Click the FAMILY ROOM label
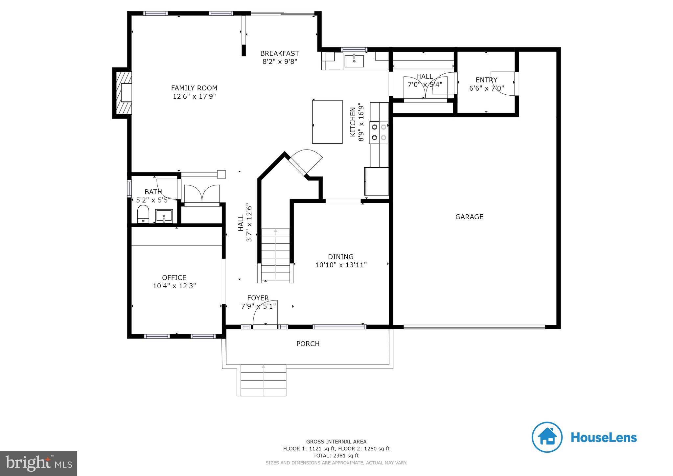click(x=194, y=88)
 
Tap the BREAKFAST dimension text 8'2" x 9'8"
click(x=280, y=61)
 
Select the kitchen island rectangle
click(x=327, y=122)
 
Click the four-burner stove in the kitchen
click(x=379, y=132)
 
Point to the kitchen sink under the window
click(x=354, y=61)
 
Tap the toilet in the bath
click(x=143, y=214)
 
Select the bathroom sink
click(x=164, y=216)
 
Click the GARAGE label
click(x=469, y=217)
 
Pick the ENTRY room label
click(x=486, y=80)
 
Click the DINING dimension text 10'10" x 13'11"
click(x=341, y=265)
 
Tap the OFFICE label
click(x=174, y=277)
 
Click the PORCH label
click(x=308, y=344)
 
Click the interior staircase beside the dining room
click(x=275, y=255)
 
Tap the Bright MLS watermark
click(x=38, y=463)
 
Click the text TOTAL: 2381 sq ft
click(x=336, y=456)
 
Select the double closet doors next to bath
click(x=202, y=194)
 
